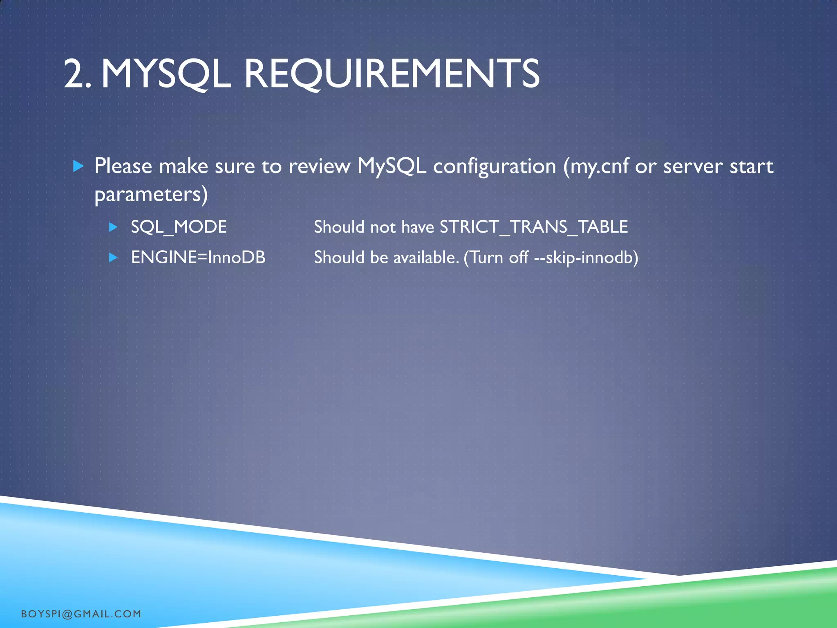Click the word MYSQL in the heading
pos(166,74)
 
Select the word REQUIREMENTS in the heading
pos(392,74)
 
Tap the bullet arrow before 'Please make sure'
pos(78,166)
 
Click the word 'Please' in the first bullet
pos(123,166)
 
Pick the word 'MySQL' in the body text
pos(392,166)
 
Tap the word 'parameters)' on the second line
pos(151,194)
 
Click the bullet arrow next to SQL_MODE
pos(114,227)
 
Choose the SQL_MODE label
pos(179,227)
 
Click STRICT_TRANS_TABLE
pos(533,227)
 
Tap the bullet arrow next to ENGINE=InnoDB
pos(114,258)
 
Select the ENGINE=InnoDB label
pos(198,258)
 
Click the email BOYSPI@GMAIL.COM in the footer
pos(81,614)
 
